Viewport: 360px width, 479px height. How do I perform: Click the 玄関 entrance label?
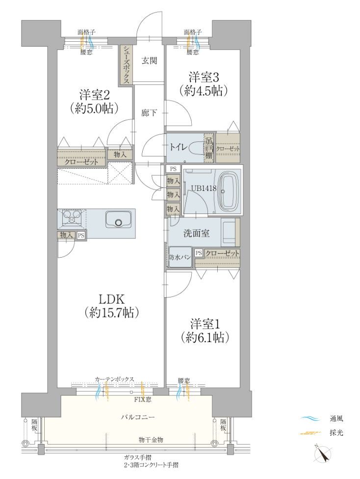(149, 61)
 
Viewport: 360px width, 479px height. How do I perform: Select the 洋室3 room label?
(204, 77)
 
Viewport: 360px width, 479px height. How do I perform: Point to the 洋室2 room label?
(94, 95)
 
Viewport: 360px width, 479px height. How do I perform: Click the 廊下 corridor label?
(149, 113)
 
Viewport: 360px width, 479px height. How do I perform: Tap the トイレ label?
(179, 147)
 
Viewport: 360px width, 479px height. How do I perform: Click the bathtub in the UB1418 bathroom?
(229, 191)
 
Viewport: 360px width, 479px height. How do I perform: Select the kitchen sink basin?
(119, 219)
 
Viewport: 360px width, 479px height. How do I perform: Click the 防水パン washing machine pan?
(180, 257)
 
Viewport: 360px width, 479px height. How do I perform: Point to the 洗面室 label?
(196, 234)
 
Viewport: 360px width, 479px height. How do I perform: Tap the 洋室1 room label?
(205, 323)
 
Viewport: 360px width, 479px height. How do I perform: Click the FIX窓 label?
(143, 399)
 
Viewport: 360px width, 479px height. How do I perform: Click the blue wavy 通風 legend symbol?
(310, 419)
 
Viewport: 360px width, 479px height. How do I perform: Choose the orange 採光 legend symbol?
(310, 433)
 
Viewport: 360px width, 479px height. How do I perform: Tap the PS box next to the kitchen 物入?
(81, 236)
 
